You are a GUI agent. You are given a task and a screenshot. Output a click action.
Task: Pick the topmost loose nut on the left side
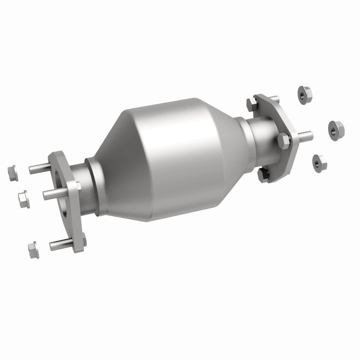click(12, 172)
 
